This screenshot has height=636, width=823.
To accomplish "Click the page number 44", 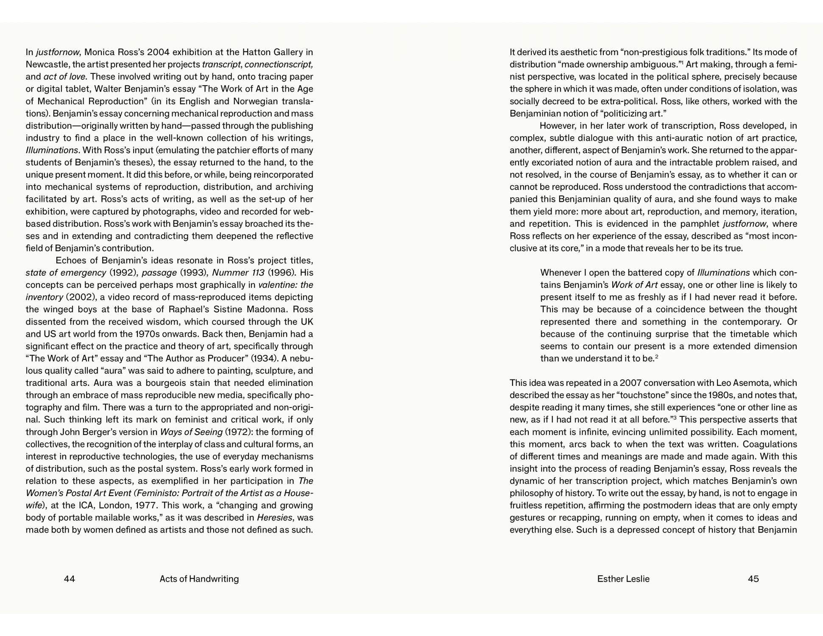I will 69,579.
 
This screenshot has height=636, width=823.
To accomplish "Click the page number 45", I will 753,579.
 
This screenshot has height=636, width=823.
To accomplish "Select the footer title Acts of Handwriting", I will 199,579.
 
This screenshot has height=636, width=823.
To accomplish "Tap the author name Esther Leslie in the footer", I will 623,579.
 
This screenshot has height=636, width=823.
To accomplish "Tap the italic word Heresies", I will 275,518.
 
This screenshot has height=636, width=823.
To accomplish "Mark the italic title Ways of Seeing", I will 191,432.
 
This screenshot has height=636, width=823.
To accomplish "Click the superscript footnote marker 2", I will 657,357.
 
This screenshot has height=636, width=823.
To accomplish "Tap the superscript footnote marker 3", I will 674,418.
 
